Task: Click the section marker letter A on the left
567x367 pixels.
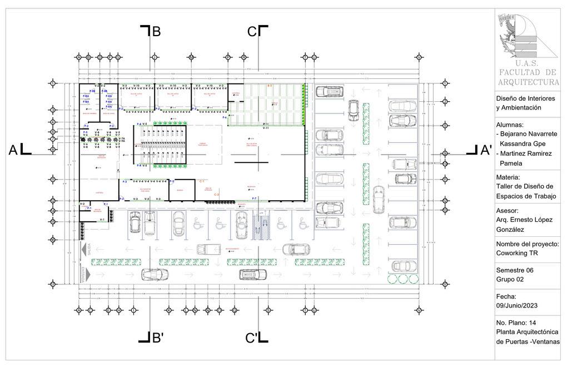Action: coord(13,150)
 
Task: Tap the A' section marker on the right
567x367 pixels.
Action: coord(486,150)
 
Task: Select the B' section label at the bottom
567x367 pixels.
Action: coord(157,338)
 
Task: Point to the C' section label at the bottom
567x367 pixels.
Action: coord(251,338)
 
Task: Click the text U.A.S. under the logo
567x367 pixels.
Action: coord(527,63)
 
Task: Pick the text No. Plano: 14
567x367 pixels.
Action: coord(516,323)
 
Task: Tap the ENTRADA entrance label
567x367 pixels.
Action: coord(84,275)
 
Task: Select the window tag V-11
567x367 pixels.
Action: coord(266,128)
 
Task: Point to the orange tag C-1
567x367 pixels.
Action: coord(202,181)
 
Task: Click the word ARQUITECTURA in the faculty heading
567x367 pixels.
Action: coord(529,82)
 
